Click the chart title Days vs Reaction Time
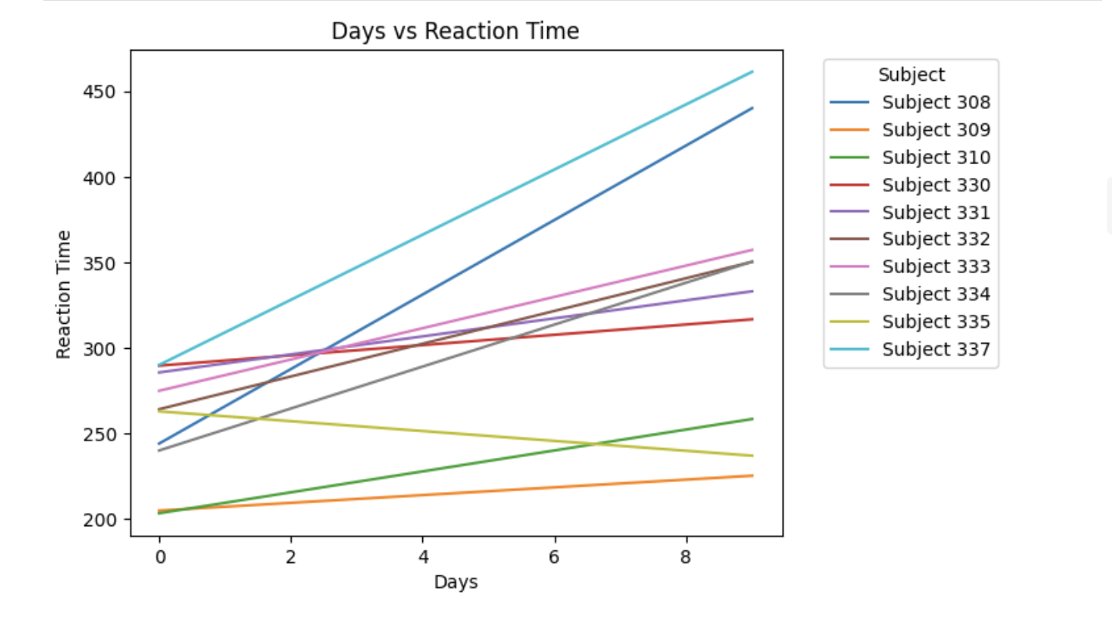455,32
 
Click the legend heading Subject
911,75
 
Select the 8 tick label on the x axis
686,555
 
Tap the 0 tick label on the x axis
159,555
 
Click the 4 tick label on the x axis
422,555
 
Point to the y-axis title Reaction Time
64,294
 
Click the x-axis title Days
456,582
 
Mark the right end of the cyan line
752,72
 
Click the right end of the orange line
752,475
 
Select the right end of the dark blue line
752,108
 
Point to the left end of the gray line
159,450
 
